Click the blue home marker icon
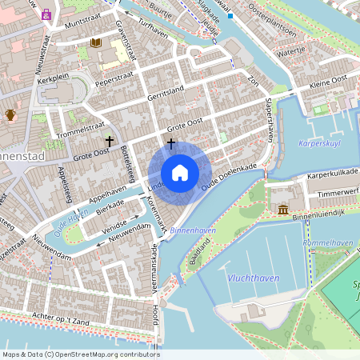(180, 172)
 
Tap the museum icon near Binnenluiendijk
(284, 210)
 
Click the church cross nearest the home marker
(170, 143)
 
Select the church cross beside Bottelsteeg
(109, 141)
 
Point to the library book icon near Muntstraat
(96, 42)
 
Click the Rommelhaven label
(328, 242)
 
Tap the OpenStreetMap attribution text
(81, 354)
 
